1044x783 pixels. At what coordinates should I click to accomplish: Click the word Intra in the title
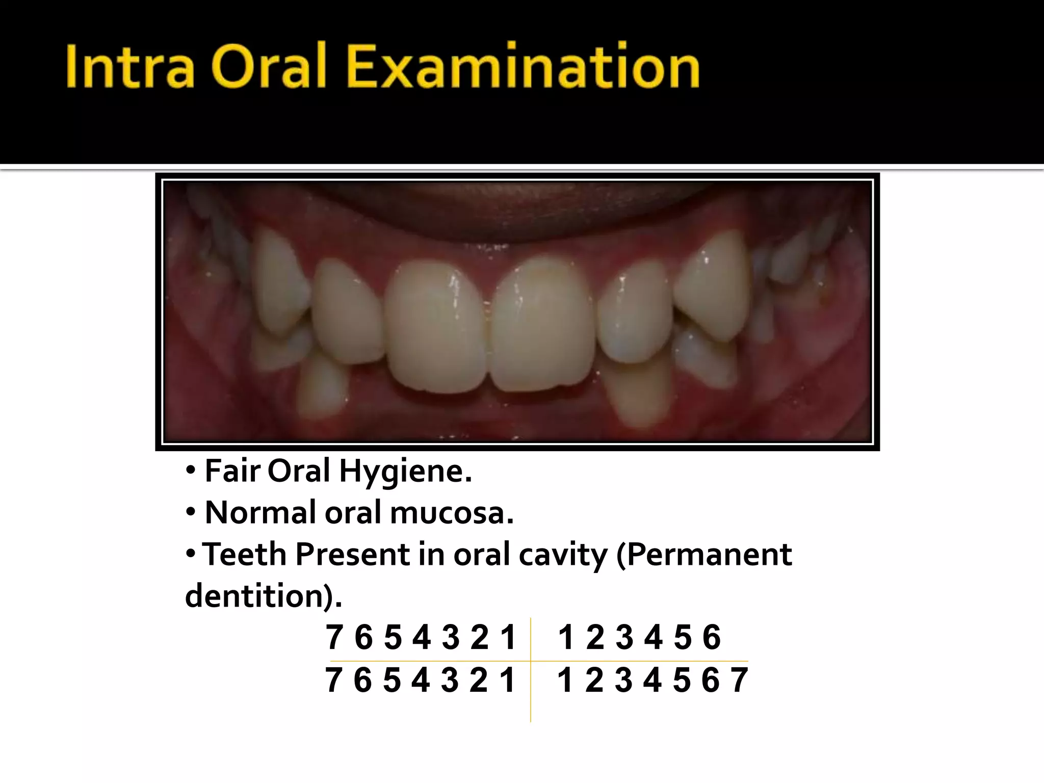(x=130, y=67)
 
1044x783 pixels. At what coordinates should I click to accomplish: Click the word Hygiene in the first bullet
(x=405, y=472)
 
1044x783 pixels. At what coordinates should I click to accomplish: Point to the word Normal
(x=260, y=512)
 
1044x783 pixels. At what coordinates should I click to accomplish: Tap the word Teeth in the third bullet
(x=245, y=554)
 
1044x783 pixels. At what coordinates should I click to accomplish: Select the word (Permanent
(x=704, y=554)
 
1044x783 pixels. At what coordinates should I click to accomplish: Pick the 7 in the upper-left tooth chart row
(x=334, y=637)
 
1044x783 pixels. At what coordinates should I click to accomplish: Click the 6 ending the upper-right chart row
(x=712, y=637)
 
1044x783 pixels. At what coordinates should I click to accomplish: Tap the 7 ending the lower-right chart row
(x=739, y=680)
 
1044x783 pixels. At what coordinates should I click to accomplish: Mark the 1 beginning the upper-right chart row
(x=566, y=637)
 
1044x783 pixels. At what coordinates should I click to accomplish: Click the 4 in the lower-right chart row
(x=652, y=680)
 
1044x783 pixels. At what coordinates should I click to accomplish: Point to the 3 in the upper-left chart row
(x=451, y=637)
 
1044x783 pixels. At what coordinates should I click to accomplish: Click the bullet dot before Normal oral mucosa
(x=190, y=512)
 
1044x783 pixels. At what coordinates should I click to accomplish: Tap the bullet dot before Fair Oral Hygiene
(x=190, y=471)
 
